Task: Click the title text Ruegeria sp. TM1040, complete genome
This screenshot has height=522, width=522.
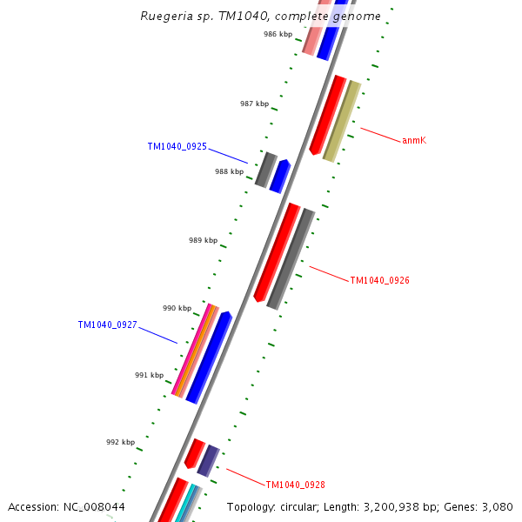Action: [x=260, y=17]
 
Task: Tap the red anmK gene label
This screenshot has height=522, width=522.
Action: [x=413, y=140]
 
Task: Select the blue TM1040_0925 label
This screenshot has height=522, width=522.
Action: [x=177, y=146]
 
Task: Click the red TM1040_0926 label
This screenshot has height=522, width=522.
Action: [x=379, y=280]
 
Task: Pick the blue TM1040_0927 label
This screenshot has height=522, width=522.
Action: [x=107, y=325]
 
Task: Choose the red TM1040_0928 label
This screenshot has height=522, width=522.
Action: [x=295, y=485]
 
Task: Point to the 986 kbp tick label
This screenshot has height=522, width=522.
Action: [x=278, y=35]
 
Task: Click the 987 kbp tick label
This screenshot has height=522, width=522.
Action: [x=254, y=104]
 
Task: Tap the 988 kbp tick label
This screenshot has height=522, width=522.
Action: [x=229, y=171]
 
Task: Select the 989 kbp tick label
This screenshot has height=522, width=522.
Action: [x=203, y=240]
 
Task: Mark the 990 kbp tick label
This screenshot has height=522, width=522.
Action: [x=177, y=308]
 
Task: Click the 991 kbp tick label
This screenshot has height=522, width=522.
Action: [x=149, y=375]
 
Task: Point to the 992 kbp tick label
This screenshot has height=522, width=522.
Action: [x=120, y=442]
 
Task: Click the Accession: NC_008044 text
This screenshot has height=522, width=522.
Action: [x=66, y=506]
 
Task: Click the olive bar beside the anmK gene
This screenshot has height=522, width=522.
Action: [x=342, y=121]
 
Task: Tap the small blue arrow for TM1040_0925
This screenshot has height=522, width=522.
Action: [x=279, y=176]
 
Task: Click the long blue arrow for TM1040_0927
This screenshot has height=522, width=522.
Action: [x=209, y=357]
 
